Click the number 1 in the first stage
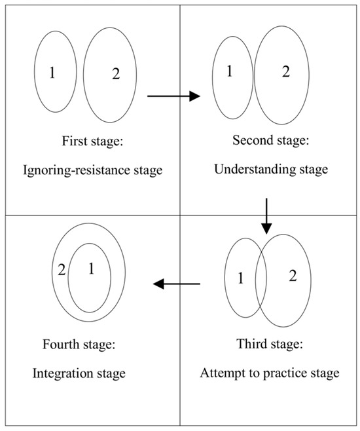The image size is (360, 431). [53, 73]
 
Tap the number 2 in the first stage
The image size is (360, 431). [116, 74]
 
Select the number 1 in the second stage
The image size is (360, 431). [230, 71]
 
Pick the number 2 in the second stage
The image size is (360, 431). [285, 72]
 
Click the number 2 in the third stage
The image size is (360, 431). [293, 276]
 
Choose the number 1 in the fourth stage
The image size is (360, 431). [90, 268]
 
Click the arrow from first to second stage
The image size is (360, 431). [173, 97]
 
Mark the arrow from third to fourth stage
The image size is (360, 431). [176, 284]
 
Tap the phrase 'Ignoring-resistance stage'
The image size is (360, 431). [93, 171]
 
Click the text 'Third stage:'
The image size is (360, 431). [270, 345]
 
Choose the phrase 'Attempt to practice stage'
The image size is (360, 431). [270, 373]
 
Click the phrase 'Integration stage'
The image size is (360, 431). [79, 374]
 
